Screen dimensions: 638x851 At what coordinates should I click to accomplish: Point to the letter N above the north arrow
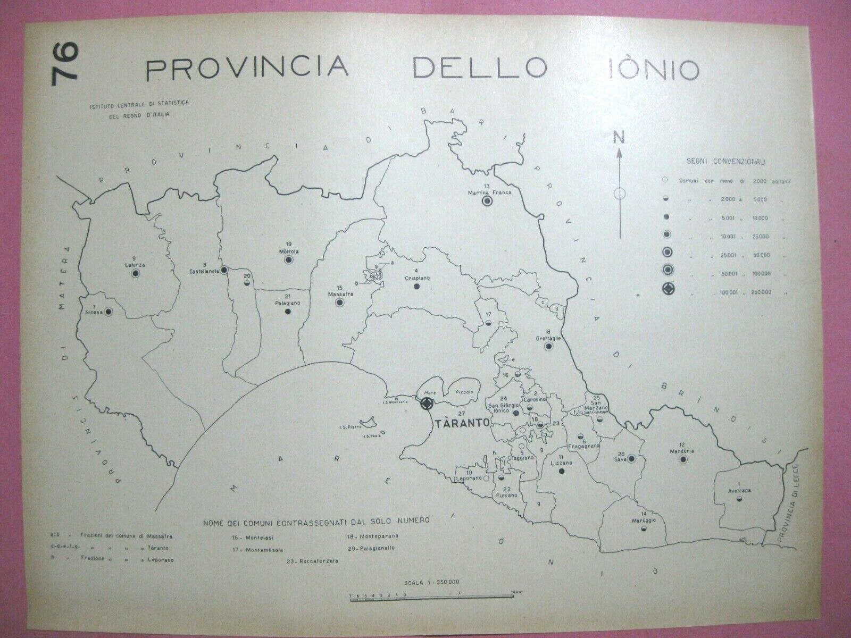[x=619, y=138]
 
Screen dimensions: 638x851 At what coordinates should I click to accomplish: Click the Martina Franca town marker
[x=486, y=201]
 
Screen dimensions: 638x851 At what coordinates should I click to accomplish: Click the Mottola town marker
[x=289, y=259]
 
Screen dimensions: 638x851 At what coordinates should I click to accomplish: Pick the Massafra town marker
[x=338, y=303]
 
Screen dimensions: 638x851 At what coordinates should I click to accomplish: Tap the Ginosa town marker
[x=109, y=312]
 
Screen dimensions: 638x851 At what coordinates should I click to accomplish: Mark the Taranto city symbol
[x=427, y=404]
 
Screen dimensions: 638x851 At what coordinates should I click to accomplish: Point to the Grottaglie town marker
[x=548, y=347]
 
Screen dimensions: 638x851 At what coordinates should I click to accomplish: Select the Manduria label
[x=681, y=451]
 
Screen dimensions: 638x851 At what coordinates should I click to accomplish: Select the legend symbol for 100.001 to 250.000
[x=666, y=290]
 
